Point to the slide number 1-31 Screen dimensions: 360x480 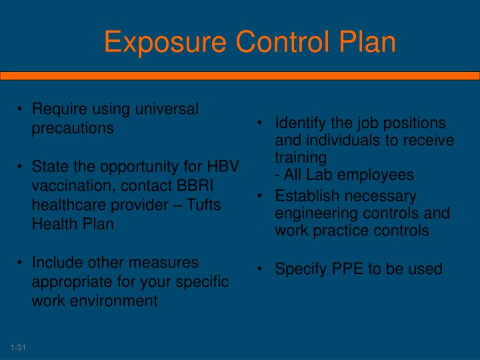tap(17, 348)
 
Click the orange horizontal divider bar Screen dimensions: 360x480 tap(240, 76)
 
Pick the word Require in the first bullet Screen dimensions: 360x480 tap(57, 109)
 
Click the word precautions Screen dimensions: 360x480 tap(73, 128)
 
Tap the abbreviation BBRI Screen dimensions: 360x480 tap(194, 185)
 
